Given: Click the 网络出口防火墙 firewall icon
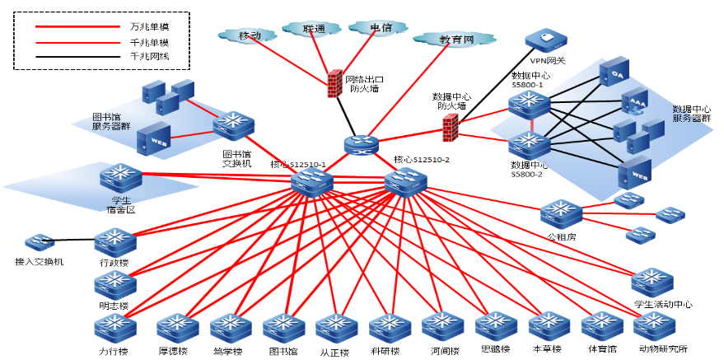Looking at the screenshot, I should click(x=334, y=84).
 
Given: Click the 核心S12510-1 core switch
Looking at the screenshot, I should click(x=312, y=182).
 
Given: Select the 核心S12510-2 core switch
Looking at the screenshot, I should click(x=406, y=180).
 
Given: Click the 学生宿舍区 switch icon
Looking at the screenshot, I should click(x=120, y=179).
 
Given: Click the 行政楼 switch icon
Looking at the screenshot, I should click(x=114, y=241).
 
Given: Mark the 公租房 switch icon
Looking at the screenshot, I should click(x=561, y=214).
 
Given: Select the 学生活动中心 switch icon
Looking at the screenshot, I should click(x=652, y=282).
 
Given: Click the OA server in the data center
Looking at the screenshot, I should click(x=618, y=76).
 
